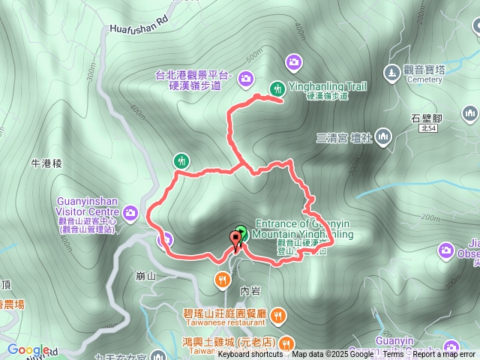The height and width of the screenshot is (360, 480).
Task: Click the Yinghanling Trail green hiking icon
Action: (x=277, y=87)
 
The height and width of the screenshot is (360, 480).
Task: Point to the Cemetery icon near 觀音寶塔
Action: (x=391, y=73)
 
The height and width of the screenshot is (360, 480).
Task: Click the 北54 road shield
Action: (x=429, y=129)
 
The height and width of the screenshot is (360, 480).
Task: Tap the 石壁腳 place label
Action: (x=428, y=118)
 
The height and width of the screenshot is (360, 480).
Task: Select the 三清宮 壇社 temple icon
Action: (x=383, y=136)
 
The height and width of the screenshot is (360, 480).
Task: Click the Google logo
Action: (x=28, y=349)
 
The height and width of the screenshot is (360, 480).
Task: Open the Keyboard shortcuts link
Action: (x=250, y=355)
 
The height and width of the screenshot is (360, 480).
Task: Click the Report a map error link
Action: (x=444, y=355)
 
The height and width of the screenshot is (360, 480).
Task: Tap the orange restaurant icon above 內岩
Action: (x=222, y=280)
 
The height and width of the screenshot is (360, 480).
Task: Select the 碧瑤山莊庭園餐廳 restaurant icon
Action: (x=278, y=315)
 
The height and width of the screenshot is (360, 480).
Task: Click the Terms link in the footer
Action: (x=393, y=355)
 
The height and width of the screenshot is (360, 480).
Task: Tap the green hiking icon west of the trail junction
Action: (x=181, y=160)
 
